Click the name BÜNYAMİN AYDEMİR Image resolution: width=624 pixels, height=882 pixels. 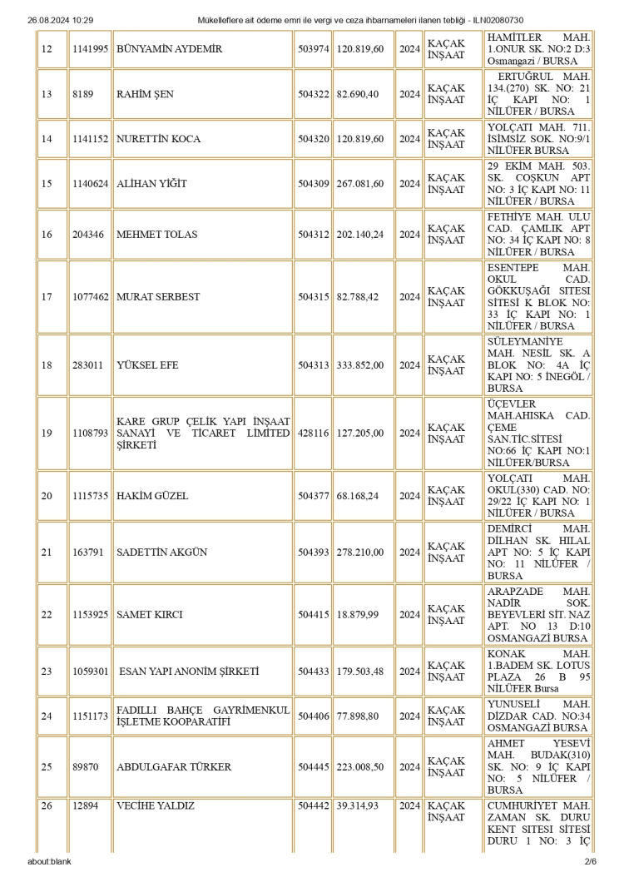click(169, 49)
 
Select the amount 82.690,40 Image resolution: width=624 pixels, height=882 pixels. click(360, 94)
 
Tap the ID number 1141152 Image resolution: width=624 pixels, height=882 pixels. click(90, 139)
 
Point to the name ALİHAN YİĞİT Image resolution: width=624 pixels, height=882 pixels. click(151, 184)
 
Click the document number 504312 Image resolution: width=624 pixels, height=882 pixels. click(313, 235)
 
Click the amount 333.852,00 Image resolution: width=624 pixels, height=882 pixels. click(360, 364)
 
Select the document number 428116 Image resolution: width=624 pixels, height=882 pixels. click(313, 433)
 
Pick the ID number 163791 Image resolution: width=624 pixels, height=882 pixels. click(87, 552)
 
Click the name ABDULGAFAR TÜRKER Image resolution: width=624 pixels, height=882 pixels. click(174, 767)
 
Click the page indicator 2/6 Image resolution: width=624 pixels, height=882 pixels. click(591, 861)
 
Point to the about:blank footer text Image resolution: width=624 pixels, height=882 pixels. click(49, 861)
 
